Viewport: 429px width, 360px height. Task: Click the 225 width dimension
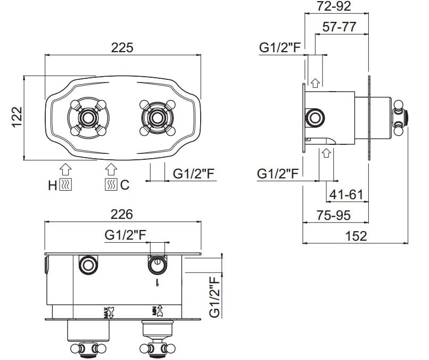[x=122, y=47]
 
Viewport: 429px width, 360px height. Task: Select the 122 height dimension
[x=17, y=117]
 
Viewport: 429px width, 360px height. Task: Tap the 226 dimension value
[x=122, y=214]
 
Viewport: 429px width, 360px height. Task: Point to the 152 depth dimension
[x=356, y=236]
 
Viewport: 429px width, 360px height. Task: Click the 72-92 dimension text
[x=334, y=6]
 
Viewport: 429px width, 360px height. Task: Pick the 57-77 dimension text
[x=339, y=27]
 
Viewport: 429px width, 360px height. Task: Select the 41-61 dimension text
[x=346, y=195]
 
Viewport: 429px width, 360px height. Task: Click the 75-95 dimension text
[x=333, y=216]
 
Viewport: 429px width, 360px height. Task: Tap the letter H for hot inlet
[x=52, y=186]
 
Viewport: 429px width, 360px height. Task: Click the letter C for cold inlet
[x=125, y=185]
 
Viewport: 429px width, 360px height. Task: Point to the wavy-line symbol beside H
[x=65, y=184]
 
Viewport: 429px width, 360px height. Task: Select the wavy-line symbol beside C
[x=111, y=184]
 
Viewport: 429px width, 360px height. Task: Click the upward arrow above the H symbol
[x=65, y=169]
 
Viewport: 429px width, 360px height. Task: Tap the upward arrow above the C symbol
[x=111, y=169]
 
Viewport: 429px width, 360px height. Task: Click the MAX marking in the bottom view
[x=105, y=313]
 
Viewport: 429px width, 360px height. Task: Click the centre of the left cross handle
[x=88, y=118]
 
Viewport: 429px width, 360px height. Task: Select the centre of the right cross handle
[x=157, y=118]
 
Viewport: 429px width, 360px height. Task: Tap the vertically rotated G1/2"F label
[x=215, y=297]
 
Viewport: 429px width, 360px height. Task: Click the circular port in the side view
[x=315, y=118]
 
